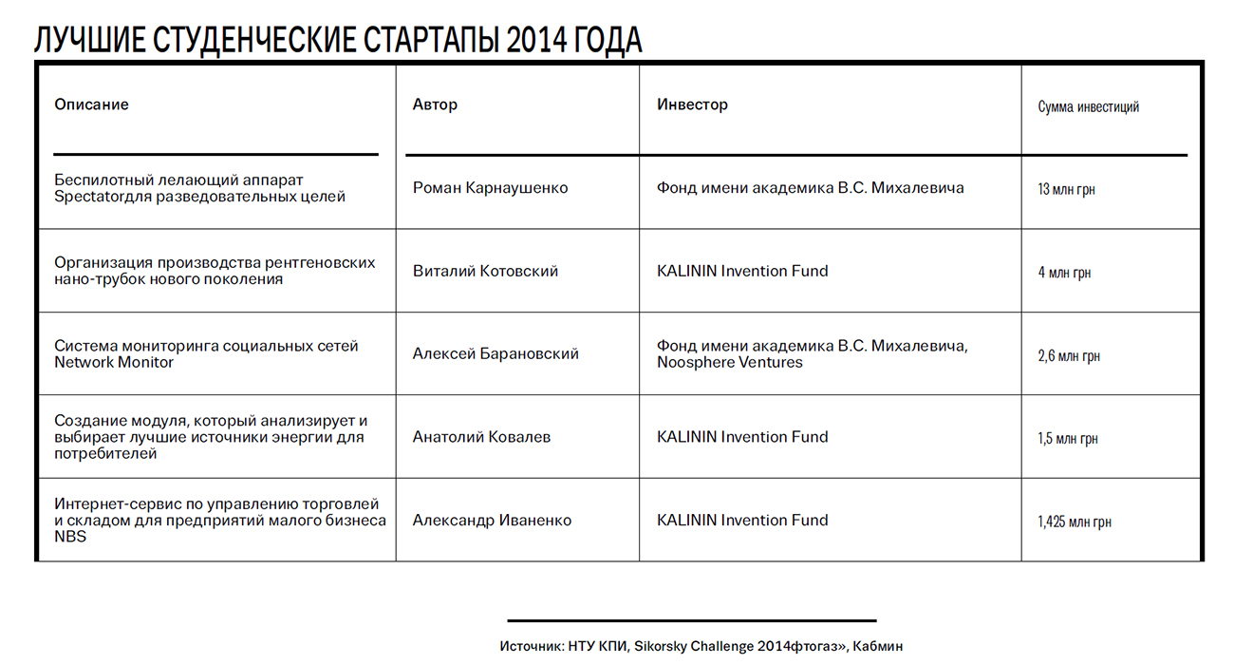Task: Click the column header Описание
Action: (91, 104)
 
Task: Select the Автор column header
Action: (435, 104)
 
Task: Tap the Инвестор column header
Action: (692, 104)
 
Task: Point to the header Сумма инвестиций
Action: (1088, 106)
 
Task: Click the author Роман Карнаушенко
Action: (490, 188)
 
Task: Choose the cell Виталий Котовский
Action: (485, 271)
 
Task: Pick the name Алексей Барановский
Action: (495, 354)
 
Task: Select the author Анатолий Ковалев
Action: (481, 437)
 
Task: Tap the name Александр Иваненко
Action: (492, 521)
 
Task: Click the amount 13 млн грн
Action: (1066, 190)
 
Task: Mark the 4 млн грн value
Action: (1064, 273)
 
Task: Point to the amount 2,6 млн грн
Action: (1069, 356)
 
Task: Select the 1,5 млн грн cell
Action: (1068, 439)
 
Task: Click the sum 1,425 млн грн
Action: (1075, 522)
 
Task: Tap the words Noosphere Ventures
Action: (729, 362)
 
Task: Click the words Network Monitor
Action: (114, 362)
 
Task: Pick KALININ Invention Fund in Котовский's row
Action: (742, 271)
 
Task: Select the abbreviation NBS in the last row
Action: (70, 537)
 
